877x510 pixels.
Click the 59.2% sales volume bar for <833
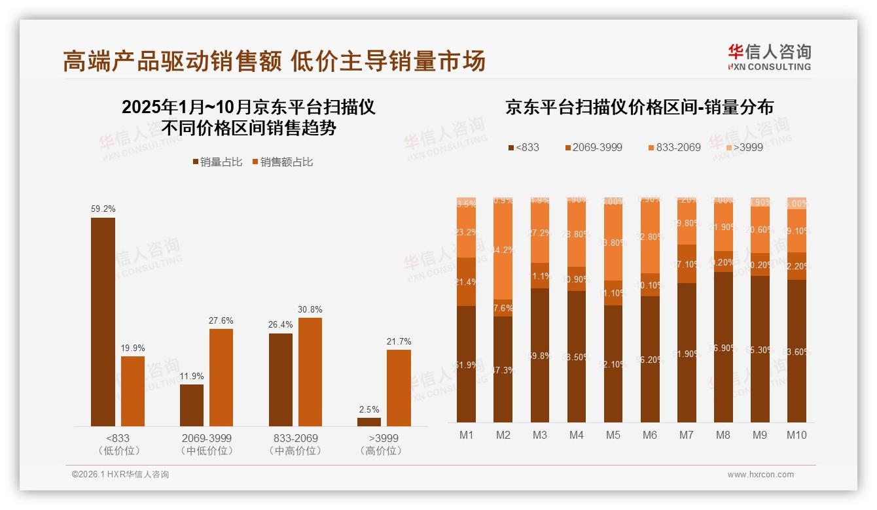pos(103,322)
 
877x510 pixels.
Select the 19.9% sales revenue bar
pos(133,391)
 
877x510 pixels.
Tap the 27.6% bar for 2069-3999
pos(221,377)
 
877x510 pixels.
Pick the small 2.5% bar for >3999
pos(369,422)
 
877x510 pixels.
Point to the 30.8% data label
pos(310,309)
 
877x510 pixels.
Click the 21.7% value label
pos(399,341)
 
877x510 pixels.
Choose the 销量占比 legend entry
pos(219,161)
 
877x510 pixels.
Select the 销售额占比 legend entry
pos(282,161)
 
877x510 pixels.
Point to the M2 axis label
pos(503,435)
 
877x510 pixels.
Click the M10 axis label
pos(796,435)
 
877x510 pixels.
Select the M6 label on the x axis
pos(650,435)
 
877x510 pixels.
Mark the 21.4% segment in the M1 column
pos(467,282)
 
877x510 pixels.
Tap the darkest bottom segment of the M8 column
pos(723,347)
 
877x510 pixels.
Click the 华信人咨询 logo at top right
pos(769,58)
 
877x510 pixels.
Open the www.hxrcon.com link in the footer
pos(761,475)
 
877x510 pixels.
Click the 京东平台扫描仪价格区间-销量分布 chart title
pos(639,107)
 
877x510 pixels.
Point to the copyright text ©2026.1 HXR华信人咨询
pos(120,475)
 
